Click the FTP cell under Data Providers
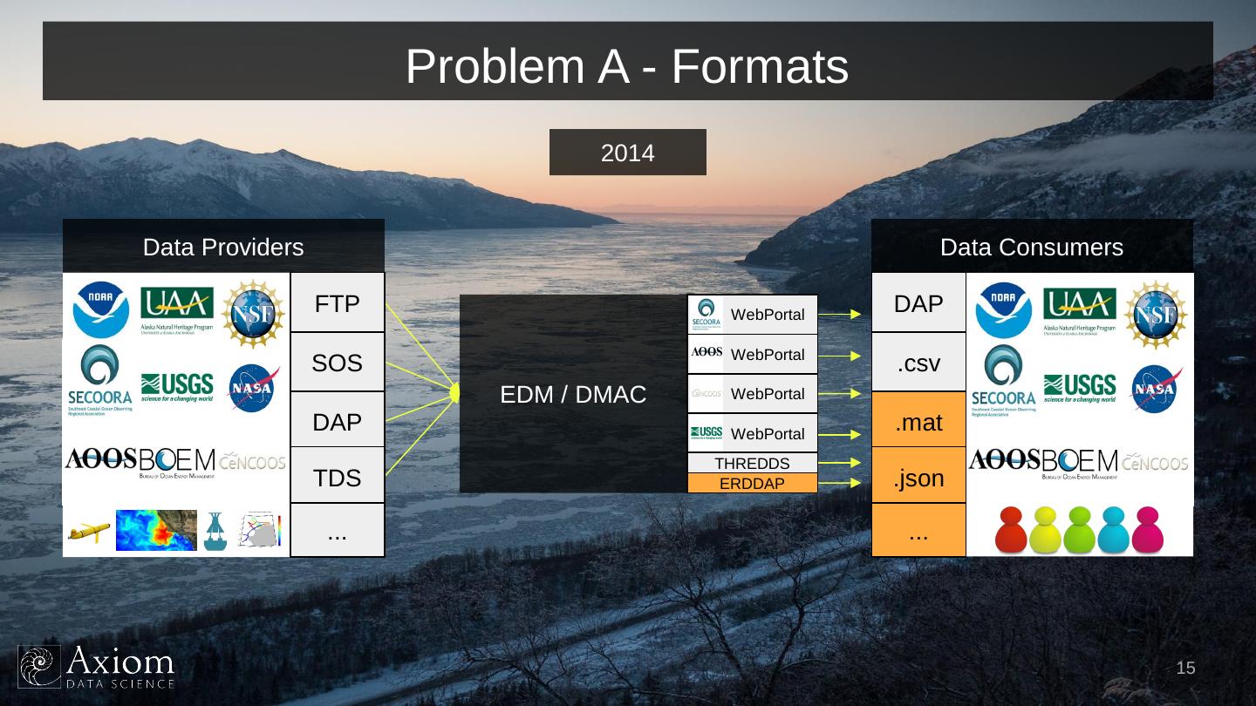point(338,303)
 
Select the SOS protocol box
point(338,363)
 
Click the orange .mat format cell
point(918,422)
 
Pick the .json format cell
point(918,478)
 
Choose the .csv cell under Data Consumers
point(918,363)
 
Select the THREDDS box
point(752,464)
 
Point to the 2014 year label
point(627,153)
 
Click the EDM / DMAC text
point(573,395)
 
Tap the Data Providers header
point(223,247)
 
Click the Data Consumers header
point(1032,247)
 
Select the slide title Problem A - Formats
point(627,66)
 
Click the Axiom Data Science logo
point(97,667)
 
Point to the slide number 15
point(1185,669)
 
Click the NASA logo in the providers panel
point(254,387)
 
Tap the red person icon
point(1011,530)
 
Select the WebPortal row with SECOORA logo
point(752,314)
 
